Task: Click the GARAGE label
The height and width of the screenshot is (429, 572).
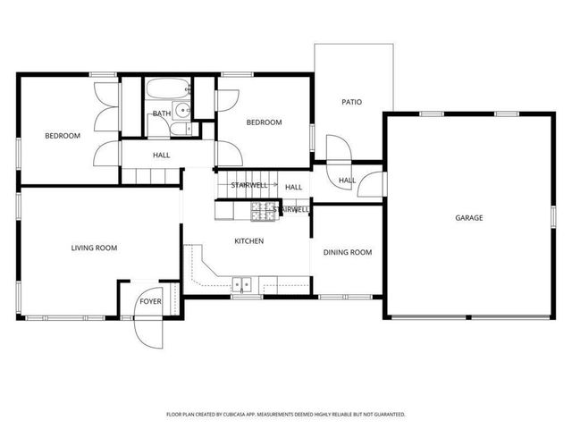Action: tap(468, 217)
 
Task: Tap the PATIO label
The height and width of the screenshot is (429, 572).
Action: tap(352, 102)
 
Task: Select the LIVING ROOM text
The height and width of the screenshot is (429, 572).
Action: tap(95, 248)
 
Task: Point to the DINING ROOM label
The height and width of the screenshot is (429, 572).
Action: tap(347, 252)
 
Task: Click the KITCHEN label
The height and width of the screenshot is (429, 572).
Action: tap(248, 241)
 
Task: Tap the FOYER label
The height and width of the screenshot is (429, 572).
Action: tap(149, 302)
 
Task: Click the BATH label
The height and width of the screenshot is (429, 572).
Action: tap(161, 114)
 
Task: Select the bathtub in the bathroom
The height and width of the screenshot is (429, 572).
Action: tap(167, 89)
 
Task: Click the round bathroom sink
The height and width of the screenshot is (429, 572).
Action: tap(182, 112)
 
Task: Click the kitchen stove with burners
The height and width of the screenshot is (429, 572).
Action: tap(263, 211)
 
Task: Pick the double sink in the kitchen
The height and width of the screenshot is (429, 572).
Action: tap(242, 286)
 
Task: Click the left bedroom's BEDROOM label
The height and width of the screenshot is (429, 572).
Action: tap(63, 136)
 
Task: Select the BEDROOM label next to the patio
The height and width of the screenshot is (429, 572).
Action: tap(265, 122)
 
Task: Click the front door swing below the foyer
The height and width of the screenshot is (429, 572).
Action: tap(148, 330)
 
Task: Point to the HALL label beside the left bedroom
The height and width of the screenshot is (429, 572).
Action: tap(161, 156)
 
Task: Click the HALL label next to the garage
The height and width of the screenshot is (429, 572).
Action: tap(347, 181)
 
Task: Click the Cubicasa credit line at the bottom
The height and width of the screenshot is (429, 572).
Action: tap(286, 415)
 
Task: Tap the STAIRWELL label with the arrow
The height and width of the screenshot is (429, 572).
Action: tap(250, 185)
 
